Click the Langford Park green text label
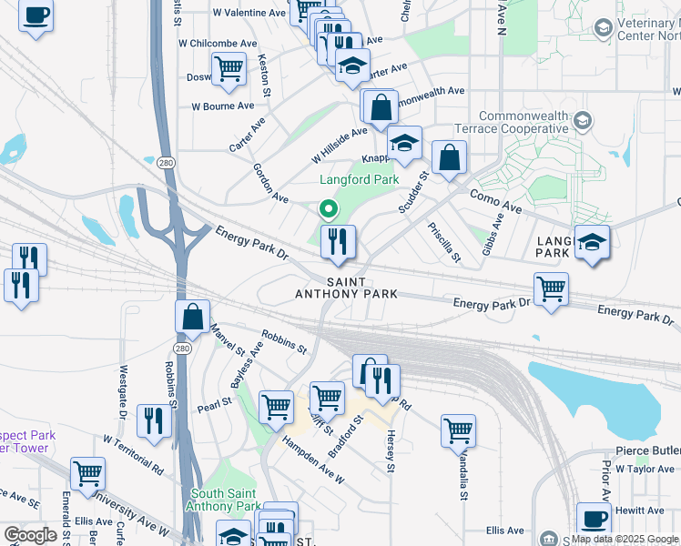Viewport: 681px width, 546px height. click(359, 180)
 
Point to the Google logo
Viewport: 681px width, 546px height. click(29, 535)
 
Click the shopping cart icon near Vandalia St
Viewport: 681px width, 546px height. click(458, 430)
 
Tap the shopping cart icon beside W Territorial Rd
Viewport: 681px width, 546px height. click(87, 472)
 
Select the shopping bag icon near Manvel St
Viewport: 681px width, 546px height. click(193, 318)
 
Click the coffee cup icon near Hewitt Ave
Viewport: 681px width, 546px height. click(595, 518)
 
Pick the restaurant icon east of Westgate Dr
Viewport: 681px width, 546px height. click(153, 420)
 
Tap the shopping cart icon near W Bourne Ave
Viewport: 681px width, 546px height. click(229, 66)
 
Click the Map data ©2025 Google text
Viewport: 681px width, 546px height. click(625, 539)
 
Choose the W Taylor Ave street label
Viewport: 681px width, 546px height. click(645, 469)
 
